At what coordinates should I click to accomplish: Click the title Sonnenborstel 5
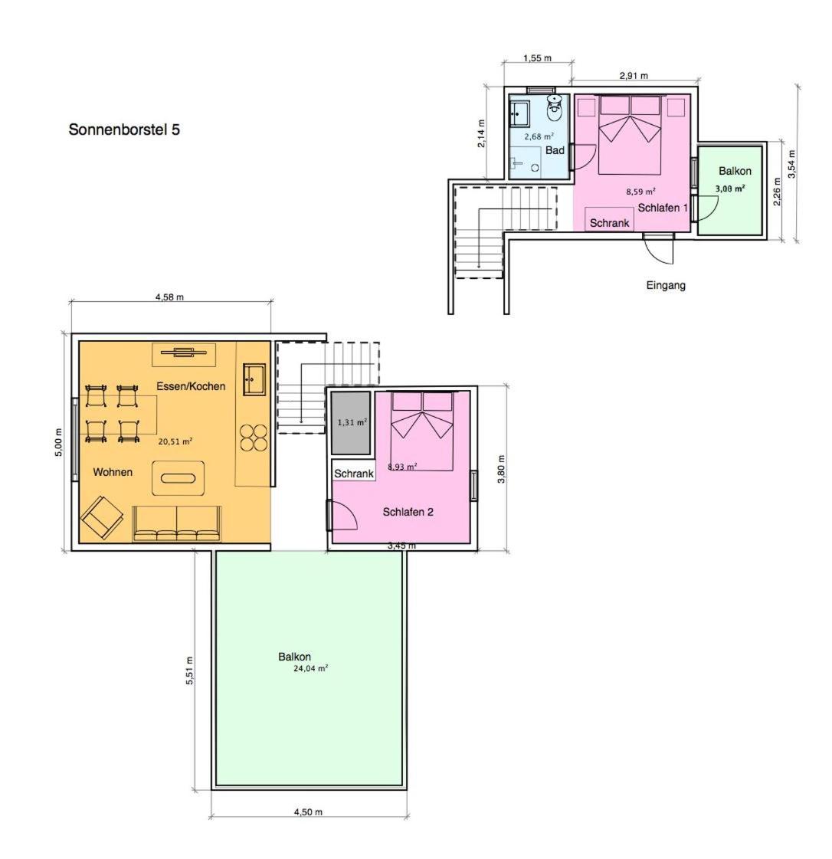pyautogui.click(x=124, y=130)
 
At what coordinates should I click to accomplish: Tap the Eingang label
pyautogui.click(x=666, y=285)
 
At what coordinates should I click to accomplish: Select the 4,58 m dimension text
pyautogui.click(x=169, y=297)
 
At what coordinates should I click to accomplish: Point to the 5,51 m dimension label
pyautogui.click(x=189, y=670)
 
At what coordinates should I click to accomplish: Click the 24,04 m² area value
pyautogui.click(x=310, y=668)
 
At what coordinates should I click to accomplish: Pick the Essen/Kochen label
pyautogui.click(x=191, y=386)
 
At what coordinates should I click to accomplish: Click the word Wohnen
pyautogui.click(x=113, y=472)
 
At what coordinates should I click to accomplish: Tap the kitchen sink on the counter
pyautogui.click(x=254, y=379)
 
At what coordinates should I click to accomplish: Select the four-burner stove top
pyautogui.click(x=254, y=438)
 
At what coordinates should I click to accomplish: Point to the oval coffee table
pyautogui.click(x=178, y=478)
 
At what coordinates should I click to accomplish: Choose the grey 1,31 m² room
pyautogui.click(x=351, y=422)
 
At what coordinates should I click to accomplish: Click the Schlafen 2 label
pyautogui.click(x=408, y=512)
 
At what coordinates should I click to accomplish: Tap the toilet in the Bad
pyautogui.click(x=555, y=108)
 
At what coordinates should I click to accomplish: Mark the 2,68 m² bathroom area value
pyautogui.click(x=539, y=136)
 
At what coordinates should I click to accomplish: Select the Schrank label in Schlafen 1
pyautogui.click(x=609, y=223)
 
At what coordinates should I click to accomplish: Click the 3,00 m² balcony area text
pyautogui.click(x=730, y=189)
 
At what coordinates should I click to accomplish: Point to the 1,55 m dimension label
pyautogui.click(x=537, y=58)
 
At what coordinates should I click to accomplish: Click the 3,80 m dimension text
pyautogui.click(x=501, y=470)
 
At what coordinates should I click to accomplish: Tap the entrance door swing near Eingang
pyautogui.click(x=659, y=249)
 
